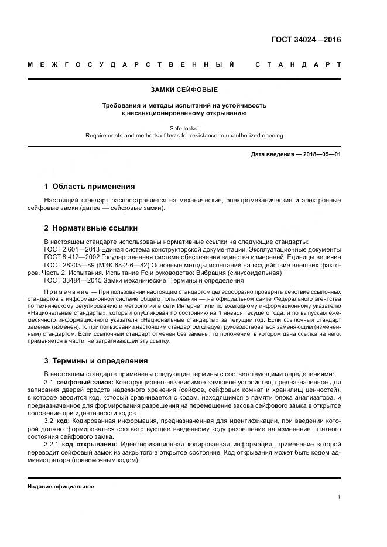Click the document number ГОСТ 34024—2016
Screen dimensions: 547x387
pos(306,40)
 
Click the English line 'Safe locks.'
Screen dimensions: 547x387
pos(184,128)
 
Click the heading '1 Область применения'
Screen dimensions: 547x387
pos(90,187)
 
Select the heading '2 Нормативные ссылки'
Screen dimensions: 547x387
pos(91,228)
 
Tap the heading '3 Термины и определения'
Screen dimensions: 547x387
pos(96,360)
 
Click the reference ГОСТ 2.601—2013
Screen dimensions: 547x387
pos(69,249)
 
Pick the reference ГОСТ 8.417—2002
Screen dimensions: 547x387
pos(69,257)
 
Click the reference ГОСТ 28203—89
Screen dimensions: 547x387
pos(67,265)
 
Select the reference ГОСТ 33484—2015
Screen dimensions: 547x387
pos(69,281)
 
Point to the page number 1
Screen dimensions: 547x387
pos(339,497)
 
